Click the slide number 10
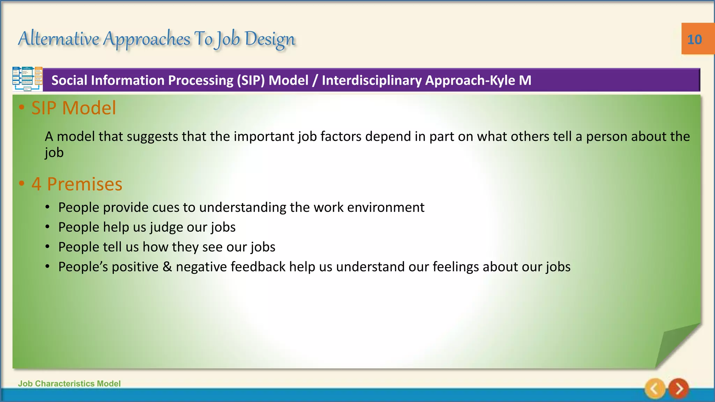[694, 39]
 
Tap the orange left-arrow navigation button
[655, 388]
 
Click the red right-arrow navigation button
[679, 388]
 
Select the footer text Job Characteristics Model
[69, 384]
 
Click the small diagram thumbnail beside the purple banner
[27, 79]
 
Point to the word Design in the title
[270, 39]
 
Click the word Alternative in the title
[59, 38]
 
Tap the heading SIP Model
[73, 108]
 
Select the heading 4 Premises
[77, 184]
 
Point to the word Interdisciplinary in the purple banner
[371, 80]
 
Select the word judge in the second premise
[166, 227]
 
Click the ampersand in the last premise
[167, 267]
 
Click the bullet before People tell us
[47, 247]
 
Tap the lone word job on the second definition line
[54, 152]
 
